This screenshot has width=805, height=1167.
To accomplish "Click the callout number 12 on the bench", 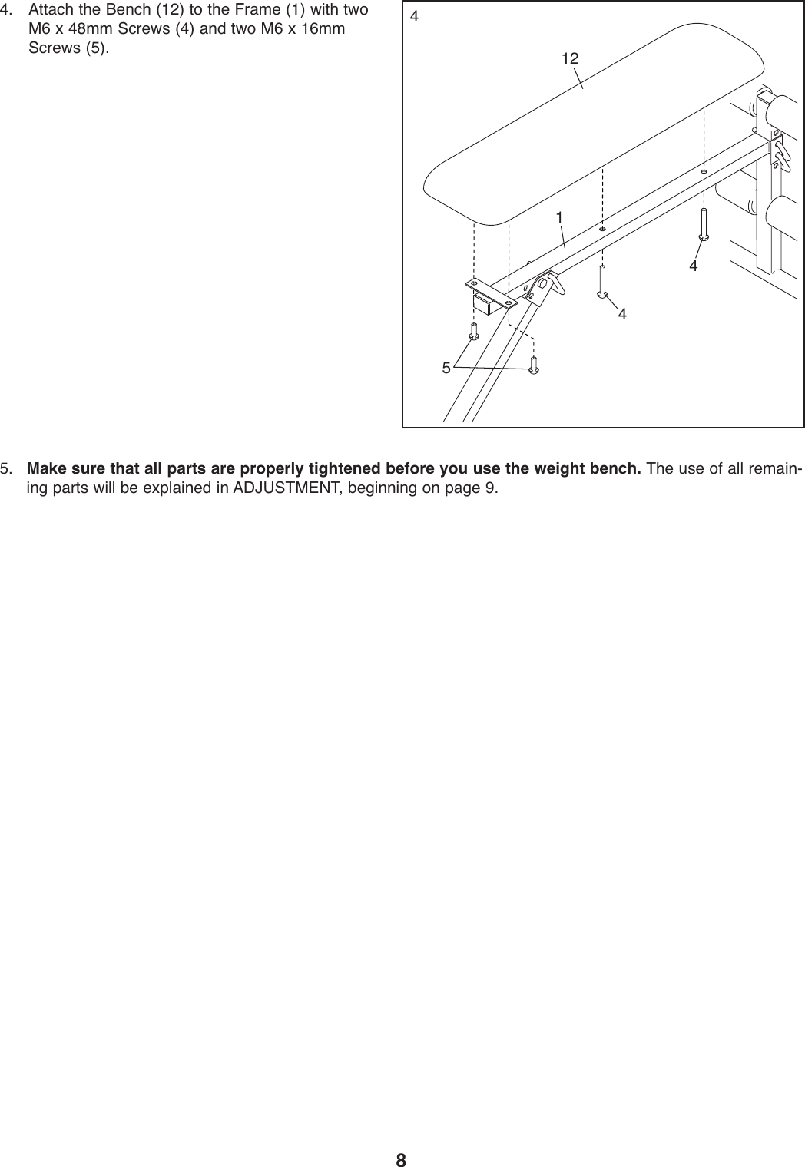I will tap(569, 59).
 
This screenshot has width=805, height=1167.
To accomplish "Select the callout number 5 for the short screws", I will tap(446, 368).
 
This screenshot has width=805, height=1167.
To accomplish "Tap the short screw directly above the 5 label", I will tap(475, 331).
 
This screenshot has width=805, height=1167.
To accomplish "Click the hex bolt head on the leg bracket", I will tap(543, 283).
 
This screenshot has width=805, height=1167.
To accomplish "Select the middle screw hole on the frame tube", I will tap(602, 229).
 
